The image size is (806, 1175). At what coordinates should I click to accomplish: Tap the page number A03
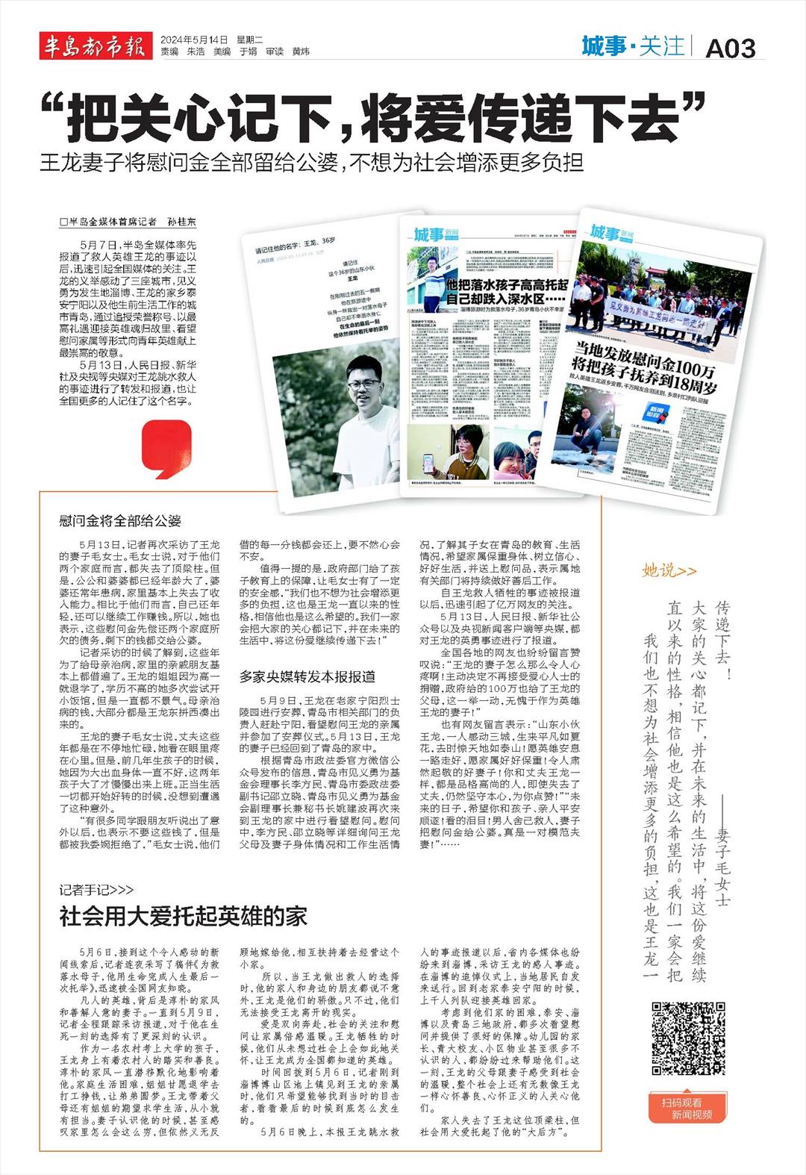pyautogui.click(x=730, y=48)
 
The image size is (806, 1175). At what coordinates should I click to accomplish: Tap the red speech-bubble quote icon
pyautogui.click(x=166, y=449)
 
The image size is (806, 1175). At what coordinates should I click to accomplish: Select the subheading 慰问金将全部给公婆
pyautogui.click(x=120, y=520)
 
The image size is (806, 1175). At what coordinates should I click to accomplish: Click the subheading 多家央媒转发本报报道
pyautogui.click(x=307, y=676)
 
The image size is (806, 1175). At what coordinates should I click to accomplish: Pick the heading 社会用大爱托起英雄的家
pyautogui.click(x=184, y=915)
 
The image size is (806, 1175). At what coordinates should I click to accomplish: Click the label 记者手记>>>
pyautogui.click(x=97, y=889)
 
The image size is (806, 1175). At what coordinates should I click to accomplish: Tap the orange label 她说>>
pyautogui.click(x=669, y=570)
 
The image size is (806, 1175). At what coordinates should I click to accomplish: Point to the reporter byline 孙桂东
pyautogui.click(x=181, y=222)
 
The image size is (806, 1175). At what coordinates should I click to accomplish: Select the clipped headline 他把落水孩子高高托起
pyautogui.click(x=506, y=285)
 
